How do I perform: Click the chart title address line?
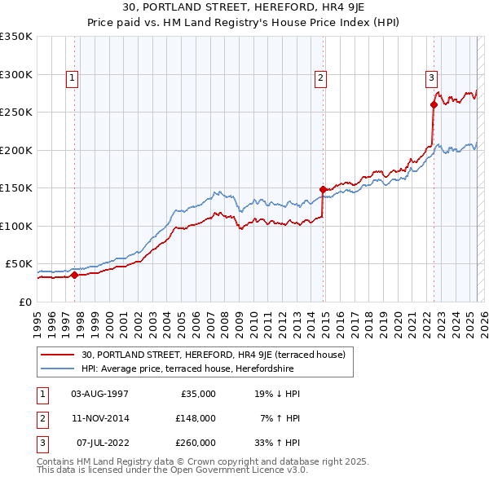point(244,9)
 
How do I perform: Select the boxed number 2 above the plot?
point(321,78)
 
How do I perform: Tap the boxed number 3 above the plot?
point(431,78)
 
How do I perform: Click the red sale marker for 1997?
point(74,275)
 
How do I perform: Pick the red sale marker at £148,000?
point(324,189)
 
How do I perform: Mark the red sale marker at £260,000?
point(434,104)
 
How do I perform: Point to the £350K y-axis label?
point(15,37)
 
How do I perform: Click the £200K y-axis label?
point(15,150)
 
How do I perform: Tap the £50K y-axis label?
point(18,264)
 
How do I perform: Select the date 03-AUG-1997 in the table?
point(99,394)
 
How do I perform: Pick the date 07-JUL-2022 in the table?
point(99,443)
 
